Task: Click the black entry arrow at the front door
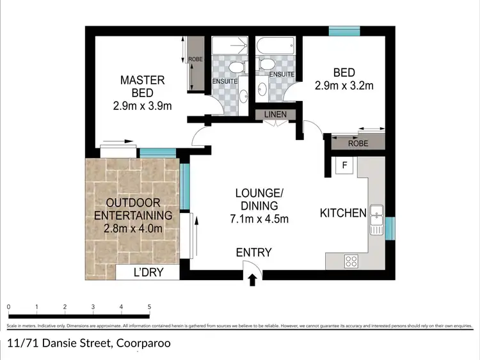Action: (x=252, y=279)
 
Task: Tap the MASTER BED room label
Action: (x=143, y=86)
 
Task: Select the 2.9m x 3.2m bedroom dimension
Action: (x=343, y=84)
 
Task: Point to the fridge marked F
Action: (x=344, y=166)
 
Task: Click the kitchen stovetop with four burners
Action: (x=351, y=260)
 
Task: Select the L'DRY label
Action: (x=148, y=272)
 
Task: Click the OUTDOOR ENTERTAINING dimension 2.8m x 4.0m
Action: (x=133, y=229)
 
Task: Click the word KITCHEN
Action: (x=343, y=213)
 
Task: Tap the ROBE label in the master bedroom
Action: (x=196, y=60)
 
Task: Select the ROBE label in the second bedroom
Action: (x=358, y=144)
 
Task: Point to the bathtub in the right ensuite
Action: (x=275, y=46)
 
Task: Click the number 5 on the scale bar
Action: (x=149, y=308)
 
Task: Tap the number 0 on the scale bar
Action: (x=9, y=308)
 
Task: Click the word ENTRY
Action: (x=254, y=252)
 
